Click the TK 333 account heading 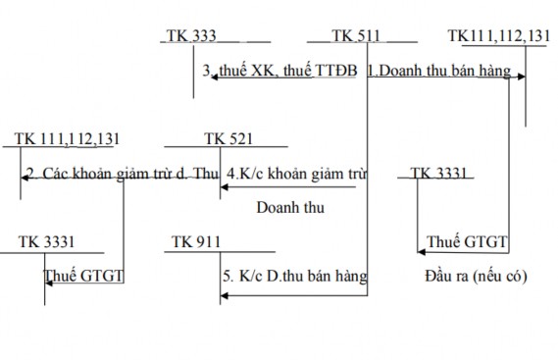click(192, 36)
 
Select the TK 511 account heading click(356, 36)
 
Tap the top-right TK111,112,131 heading click(498, 36)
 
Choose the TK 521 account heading click(228, 139)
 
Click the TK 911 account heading click(196, 240)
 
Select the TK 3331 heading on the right click(441, 174)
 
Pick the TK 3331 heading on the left click(46, 240)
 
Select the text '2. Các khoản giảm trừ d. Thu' click(123, 174)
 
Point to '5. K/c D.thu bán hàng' click(294, 276)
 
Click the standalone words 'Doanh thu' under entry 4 click(289, 207)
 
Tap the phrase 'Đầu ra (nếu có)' click(477, 276)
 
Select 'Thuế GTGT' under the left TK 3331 click(83, 276)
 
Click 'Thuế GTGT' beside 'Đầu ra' click(467, 241)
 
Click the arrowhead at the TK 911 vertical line click(222, 292)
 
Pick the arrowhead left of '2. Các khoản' click(25, 177)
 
